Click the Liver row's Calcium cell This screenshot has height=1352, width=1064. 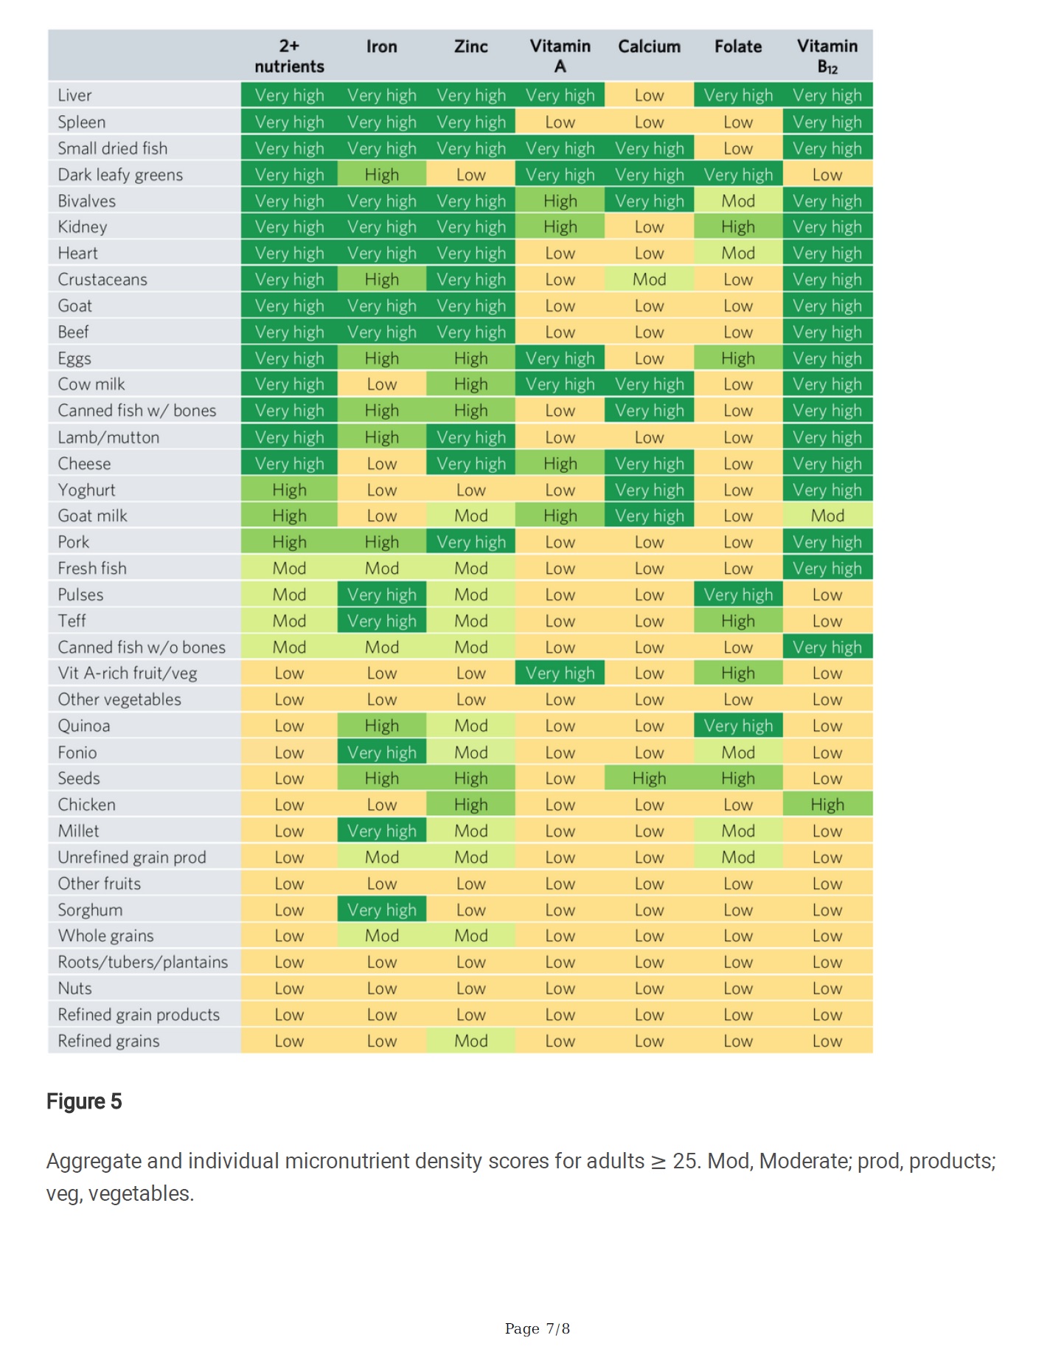pyautogui.click(x=649, y=95)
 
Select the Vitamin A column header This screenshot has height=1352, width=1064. pyautogui.click(x=560, y=56)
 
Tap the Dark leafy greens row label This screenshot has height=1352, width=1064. pyautogui.click(x=120, y=175)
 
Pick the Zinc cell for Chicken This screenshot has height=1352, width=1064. pyautogui.click(x=470, y=805)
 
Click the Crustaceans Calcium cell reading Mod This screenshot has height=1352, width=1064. pyautogui.click(x=649, y=280)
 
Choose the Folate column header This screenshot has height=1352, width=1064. pyautogui.click(x=738, y=46)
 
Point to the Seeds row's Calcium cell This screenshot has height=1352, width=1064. pyautogui.click(x=649, y=778)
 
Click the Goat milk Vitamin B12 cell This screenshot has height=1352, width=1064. pyautogui.click(x=827, y=516)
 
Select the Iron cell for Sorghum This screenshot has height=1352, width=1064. pyautogui.click(x=382, y=909)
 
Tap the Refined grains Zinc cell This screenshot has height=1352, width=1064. pyautogui.click(x=470, y=1041)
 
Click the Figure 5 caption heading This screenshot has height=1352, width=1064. pyautogui.click(x=84, y=1101)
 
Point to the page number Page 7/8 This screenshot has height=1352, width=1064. pyautogui.click(x=537, y=1328)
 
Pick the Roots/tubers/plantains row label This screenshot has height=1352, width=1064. pyautogui.click(x=143, y=962)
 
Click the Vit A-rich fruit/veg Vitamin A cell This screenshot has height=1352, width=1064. pyautogui.click(x=560, y=673)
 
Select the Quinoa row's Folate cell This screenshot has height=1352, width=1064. pyautogui.click(x=738, y=726)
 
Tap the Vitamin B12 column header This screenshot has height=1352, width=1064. pyautogui.click(x=827, y=56)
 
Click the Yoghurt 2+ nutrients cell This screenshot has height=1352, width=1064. pyautogui.click(x=289, y=490)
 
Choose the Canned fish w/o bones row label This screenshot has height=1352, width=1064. pyautogui.click(x=142, y=647)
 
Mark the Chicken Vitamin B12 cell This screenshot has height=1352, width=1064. pyautogui.click(x=827, y=805)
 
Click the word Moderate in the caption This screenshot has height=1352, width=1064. pyautogui.click(x=807, y=1161)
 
